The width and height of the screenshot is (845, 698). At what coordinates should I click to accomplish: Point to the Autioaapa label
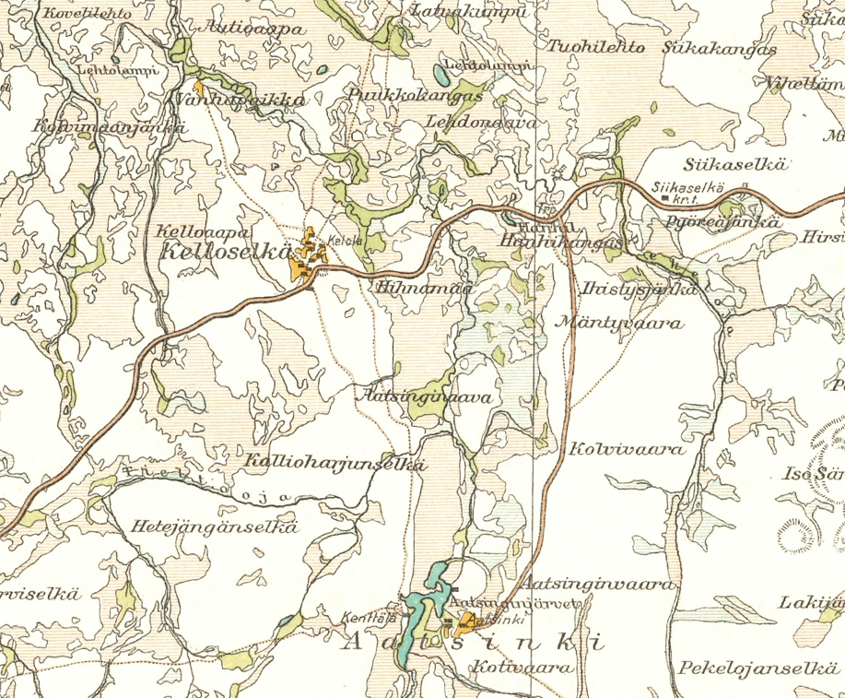coord(247,29)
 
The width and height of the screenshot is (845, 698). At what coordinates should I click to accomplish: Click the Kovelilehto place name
coord(82,15)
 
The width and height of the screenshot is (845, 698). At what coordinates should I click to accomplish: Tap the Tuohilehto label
coord(596,47)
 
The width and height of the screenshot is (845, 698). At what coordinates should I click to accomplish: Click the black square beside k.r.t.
coord(665,198)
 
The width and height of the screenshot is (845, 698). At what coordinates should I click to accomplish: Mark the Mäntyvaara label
coord(620,324)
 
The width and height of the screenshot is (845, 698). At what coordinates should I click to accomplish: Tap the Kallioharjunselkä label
coord(334,464)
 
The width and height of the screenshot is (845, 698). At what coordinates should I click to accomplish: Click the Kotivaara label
coord(515,667)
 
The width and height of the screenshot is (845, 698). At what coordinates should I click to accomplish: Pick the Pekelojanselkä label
coord(758,668)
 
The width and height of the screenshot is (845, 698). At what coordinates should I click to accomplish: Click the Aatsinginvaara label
coord(598,585)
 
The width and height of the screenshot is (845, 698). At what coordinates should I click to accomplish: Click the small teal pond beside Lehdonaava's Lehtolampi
coord(437,74)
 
